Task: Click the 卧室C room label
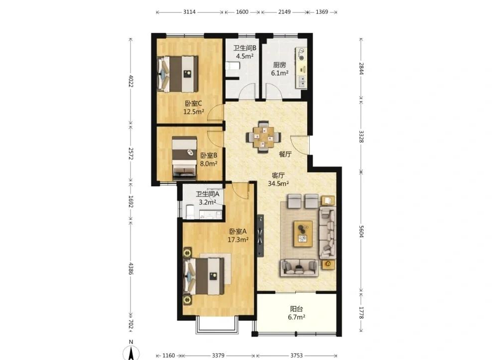tap(193, 104)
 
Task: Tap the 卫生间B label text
tap(245, 48)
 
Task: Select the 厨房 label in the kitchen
tap(279, 65)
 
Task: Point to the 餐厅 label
tap(285, 154)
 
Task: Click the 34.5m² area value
tap(278, 184)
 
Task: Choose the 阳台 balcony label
tap(296, 309)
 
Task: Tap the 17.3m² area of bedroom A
tap(238, 240)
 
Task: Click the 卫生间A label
tap(208, 194)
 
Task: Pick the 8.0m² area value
tap(209, 164)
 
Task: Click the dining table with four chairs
tap(263, 137)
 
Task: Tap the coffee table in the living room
tap(303, 234)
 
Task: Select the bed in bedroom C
tap(178, 74)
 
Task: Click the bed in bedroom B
tap(185, 158)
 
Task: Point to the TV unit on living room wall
tap(260, 236)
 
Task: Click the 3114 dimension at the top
tap(189, 12)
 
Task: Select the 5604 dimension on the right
tap(361, 232)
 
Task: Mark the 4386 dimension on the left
tap(131, 268)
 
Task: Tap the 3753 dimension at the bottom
tap(296, 356)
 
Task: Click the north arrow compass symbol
tap(131, 351)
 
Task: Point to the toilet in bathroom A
tap(190, 212)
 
